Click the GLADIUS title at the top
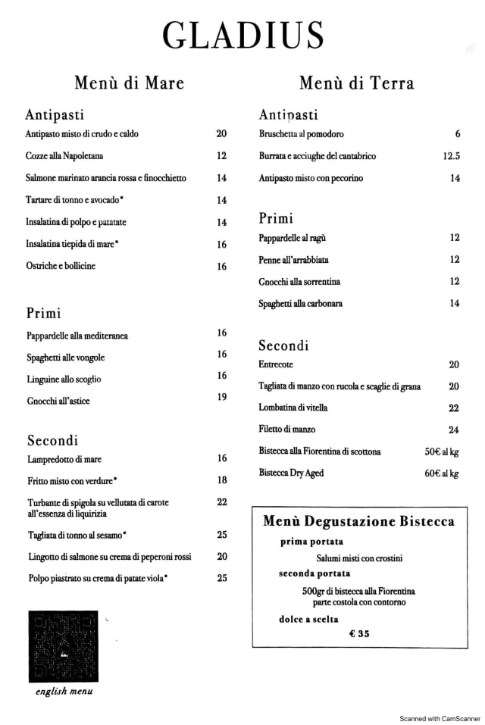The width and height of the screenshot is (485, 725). click(x=243, y=36)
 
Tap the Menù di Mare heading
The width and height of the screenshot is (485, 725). click(x=129, y=83)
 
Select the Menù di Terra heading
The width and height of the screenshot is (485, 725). click(x=356, y=83)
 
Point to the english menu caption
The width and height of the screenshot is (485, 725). click(x=64, y=691)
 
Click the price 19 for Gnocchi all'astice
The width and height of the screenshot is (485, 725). click(x=222, y=397)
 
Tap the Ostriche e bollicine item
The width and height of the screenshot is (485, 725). click(x=61, y=266)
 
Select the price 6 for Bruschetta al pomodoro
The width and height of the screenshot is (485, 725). click(x=458, y=134)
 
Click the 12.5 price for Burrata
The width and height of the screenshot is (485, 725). click(x=452, y=156)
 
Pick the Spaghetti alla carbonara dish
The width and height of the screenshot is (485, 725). click(x=301, y=304)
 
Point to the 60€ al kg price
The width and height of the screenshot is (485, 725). click(x=442, y=473)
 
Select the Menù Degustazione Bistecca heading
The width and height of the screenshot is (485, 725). click(x=358, y=521)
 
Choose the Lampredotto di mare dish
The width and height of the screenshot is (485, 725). click(x=64, y=459)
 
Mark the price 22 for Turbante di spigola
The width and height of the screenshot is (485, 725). click(x=222, y=502)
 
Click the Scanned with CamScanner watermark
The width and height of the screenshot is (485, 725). click(x=440, y=718)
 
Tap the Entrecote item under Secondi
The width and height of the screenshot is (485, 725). click(x=277, y=364)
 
